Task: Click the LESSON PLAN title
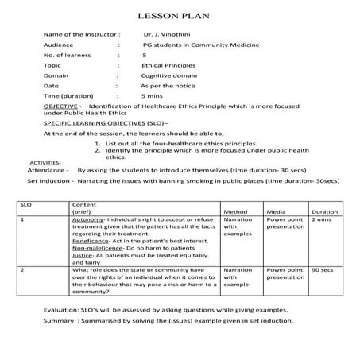[x=179, y=17]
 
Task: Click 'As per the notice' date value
[x=167, y=85]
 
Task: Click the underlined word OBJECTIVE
[x=60, y=105]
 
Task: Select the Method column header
[x=236, y=212]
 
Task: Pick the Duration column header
[x=324, y=212]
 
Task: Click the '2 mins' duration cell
[x=322, y=220]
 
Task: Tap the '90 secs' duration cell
[x=322, y=270]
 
